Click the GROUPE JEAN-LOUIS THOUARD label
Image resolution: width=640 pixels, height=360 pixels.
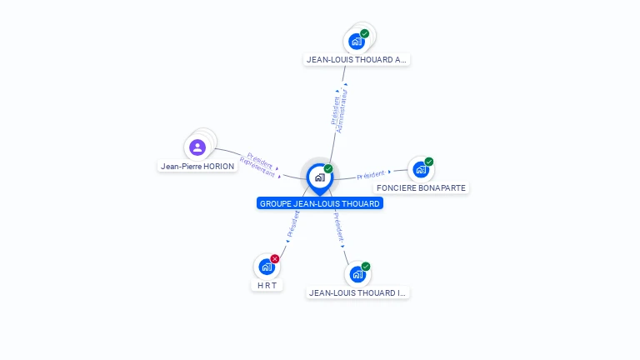click(x=320, y=203)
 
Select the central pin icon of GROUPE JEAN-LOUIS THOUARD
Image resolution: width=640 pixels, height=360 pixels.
click(x=320, y=178)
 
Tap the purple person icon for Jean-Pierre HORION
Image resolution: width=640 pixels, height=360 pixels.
click(x=197, y=147)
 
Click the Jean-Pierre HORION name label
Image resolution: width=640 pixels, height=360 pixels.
click(x=197, y=166)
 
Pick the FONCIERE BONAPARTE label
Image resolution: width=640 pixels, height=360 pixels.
click(x=421, y=187)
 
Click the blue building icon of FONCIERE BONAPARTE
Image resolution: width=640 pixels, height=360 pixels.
click(x=420, y=169)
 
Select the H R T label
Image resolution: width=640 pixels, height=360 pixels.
click(x=267, y=285)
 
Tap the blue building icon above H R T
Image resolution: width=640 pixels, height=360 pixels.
click(x=267, y=267)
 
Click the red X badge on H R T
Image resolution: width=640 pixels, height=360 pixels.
click(x=275, y=259)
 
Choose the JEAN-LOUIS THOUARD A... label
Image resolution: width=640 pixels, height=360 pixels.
click(x=357, y=60)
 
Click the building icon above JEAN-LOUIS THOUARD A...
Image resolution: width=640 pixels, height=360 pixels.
click(x=357, y=41)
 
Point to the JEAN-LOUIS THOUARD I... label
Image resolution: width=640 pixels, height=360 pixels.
click(x=357, y=292)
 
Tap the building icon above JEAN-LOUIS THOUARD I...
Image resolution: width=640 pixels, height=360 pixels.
click(x=357, y=274)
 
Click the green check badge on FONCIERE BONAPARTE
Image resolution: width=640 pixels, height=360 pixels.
click(x=428, y=162)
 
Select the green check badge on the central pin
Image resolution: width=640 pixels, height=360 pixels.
click(x=328, y=168)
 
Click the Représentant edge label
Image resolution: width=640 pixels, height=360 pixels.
click(x=257, y=167)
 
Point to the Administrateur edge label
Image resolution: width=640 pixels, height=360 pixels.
click(x=342, y=111)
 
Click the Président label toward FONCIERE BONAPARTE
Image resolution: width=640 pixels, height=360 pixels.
click(x=371, y=175)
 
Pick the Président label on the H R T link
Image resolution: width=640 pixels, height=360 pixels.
click(x=293, y=224)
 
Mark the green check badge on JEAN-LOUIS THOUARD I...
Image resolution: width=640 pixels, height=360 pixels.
click(x=366, y=267)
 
